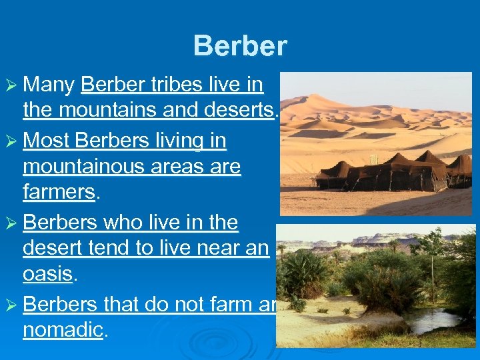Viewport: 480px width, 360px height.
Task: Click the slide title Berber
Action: coord(240,46)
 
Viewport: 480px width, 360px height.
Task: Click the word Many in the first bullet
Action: coord(49,85)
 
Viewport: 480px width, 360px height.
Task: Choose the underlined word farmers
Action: coord(59,192)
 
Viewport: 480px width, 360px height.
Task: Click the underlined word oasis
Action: coord(47,274)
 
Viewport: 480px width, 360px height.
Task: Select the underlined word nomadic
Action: coord(63,329)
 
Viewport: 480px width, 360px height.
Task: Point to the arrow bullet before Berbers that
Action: coord(13,305)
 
